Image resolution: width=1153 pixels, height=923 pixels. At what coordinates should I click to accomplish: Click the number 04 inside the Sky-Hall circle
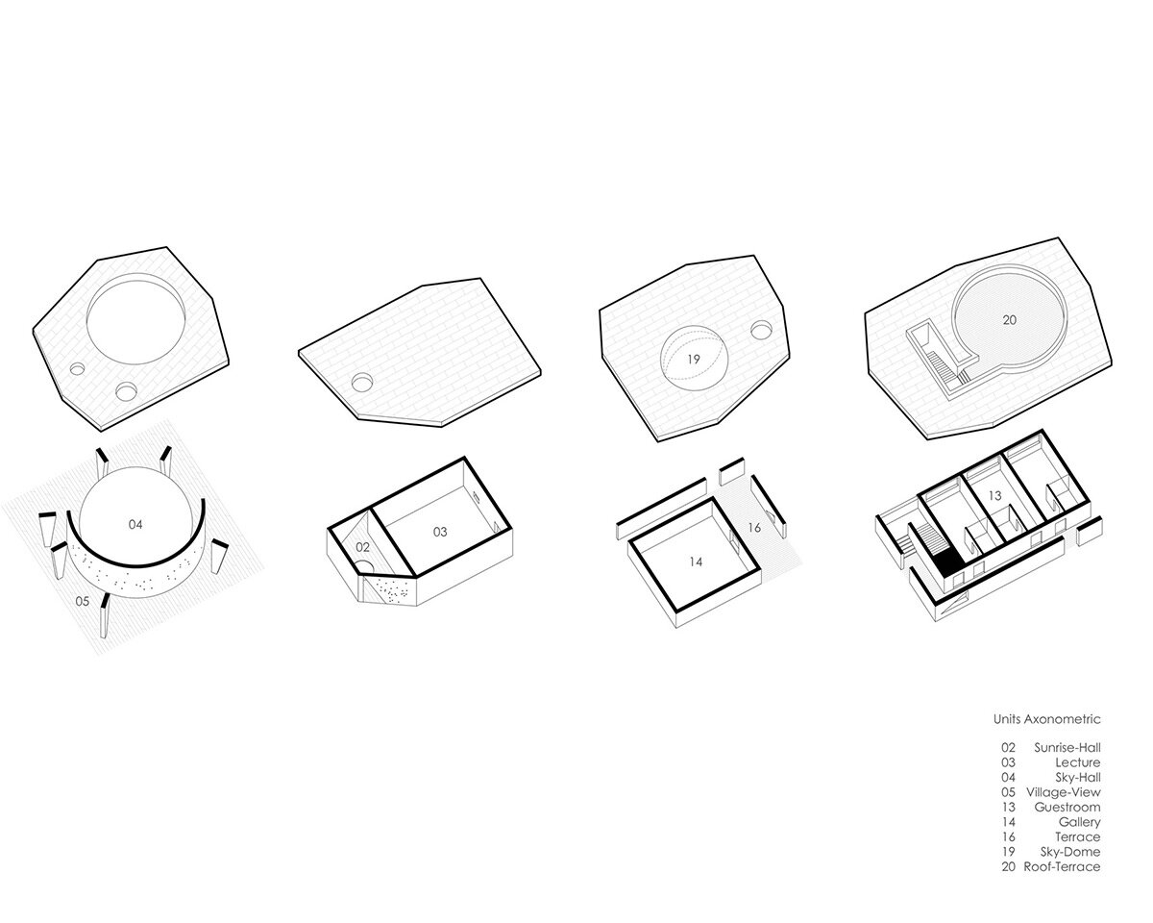pos(135,525)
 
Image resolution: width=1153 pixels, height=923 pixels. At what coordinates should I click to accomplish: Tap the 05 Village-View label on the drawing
pos(82,601)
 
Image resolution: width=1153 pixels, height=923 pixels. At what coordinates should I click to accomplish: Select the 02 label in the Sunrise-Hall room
pos(363,547)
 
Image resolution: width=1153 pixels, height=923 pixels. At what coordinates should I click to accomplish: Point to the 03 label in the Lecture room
pos(440,532)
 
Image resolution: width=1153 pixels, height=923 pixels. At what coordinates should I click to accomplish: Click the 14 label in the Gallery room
pos(696,561)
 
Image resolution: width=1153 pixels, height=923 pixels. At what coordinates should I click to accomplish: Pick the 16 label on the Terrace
pos(754,528)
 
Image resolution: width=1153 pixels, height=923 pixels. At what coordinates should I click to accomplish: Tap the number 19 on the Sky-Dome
pos(694,360)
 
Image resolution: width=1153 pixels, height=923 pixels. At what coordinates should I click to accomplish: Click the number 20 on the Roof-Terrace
pos(1010,320)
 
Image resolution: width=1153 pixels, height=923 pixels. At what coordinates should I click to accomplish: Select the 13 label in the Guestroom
pos(995,495)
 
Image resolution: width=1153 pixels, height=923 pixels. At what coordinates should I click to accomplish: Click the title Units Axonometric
pos(1047,719)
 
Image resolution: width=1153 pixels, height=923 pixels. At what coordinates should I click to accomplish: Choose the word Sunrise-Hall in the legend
pos(1067,748)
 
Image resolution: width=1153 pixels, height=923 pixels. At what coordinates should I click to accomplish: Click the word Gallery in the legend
pos(1080,822)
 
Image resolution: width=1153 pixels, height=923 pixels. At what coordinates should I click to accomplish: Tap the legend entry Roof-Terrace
pos(1062,866)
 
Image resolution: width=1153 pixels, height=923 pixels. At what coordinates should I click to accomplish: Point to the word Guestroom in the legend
pos(1067,808)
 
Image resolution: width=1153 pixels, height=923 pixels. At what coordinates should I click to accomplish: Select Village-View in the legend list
pos(1064,792)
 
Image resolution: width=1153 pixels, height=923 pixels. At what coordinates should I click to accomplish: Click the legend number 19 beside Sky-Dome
pos(1008,852)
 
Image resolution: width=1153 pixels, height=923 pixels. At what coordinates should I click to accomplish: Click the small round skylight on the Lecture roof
pos(362,382)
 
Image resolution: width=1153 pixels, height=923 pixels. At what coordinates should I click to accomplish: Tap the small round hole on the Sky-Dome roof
pos(761,331)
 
